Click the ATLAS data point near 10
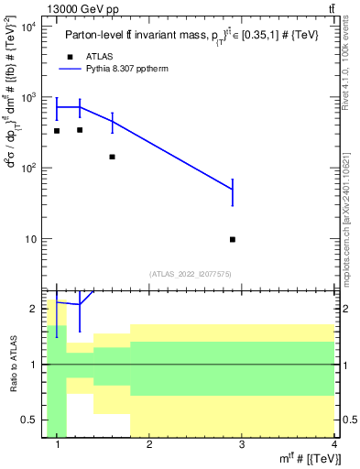233,239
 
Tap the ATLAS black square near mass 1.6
112,157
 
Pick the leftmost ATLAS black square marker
57,131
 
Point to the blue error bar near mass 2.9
233,191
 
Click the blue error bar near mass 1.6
112,122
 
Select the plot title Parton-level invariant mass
192,35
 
